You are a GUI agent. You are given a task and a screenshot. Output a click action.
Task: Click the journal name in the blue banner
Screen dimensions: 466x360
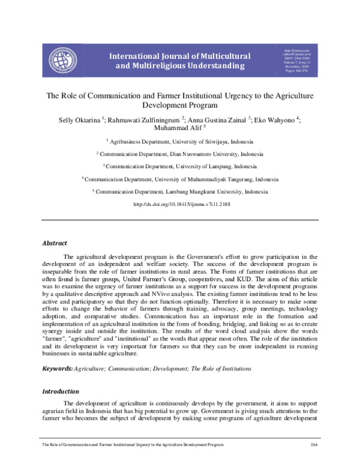tap(179, 61)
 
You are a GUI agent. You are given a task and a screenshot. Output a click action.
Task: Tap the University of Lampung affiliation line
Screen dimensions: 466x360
tap(182, 166)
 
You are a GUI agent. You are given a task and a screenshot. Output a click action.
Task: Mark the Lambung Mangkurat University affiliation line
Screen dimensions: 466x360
tap(182, 192)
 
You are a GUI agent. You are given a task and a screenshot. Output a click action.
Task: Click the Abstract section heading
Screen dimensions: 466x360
tap(54, 243)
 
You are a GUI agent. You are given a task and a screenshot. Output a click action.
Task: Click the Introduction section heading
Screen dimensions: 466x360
tap(60, 392)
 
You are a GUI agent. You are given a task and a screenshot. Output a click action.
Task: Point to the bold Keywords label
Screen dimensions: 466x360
tap(57, 368)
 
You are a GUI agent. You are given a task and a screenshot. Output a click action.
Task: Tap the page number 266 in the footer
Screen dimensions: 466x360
tap(313, 444)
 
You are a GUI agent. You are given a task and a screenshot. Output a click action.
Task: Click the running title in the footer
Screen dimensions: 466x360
tap(132, 444)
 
